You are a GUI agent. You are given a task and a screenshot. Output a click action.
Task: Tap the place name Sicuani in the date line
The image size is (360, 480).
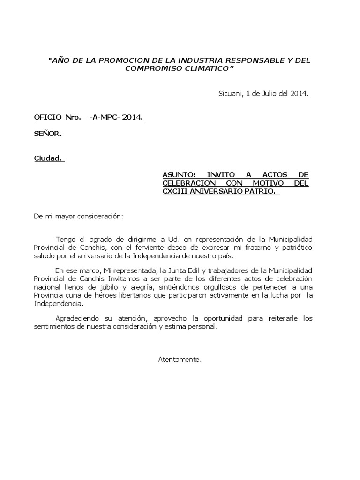(229, 93)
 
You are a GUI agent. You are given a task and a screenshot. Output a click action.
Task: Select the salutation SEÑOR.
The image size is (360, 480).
(47, 134)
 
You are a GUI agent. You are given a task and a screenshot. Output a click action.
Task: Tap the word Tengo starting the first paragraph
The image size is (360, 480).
(65, 240)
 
